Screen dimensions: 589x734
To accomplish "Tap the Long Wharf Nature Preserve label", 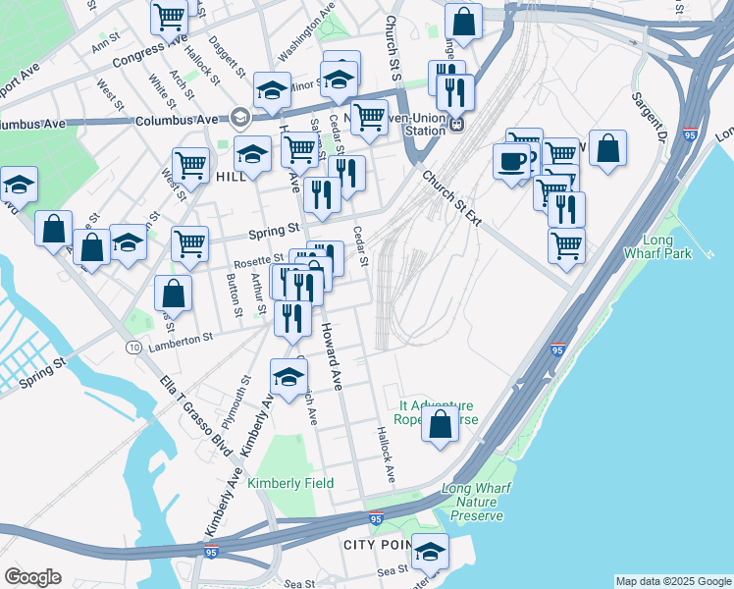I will [472, 502].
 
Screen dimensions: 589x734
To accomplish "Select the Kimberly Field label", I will [290, 483].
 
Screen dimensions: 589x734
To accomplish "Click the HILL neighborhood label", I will [231, 177].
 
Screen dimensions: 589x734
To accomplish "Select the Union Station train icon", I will [456, 125].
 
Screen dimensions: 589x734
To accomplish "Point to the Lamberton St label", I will [180, 338].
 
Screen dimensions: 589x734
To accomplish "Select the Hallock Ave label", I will [385, 454].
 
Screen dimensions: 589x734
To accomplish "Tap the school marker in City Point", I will [429, 553].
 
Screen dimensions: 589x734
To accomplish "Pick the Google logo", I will [32, 577].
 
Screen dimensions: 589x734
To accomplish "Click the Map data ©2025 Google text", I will [672, 581].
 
